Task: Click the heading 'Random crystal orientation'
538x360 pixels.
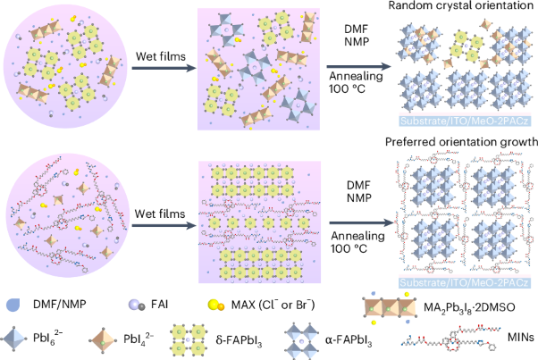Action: tap(458, 7)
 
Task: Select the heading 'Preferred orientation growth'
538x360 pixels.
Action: tap(459, 142)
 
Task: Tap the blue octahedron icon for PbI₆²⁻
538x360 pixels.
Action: tap(16, 339)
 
